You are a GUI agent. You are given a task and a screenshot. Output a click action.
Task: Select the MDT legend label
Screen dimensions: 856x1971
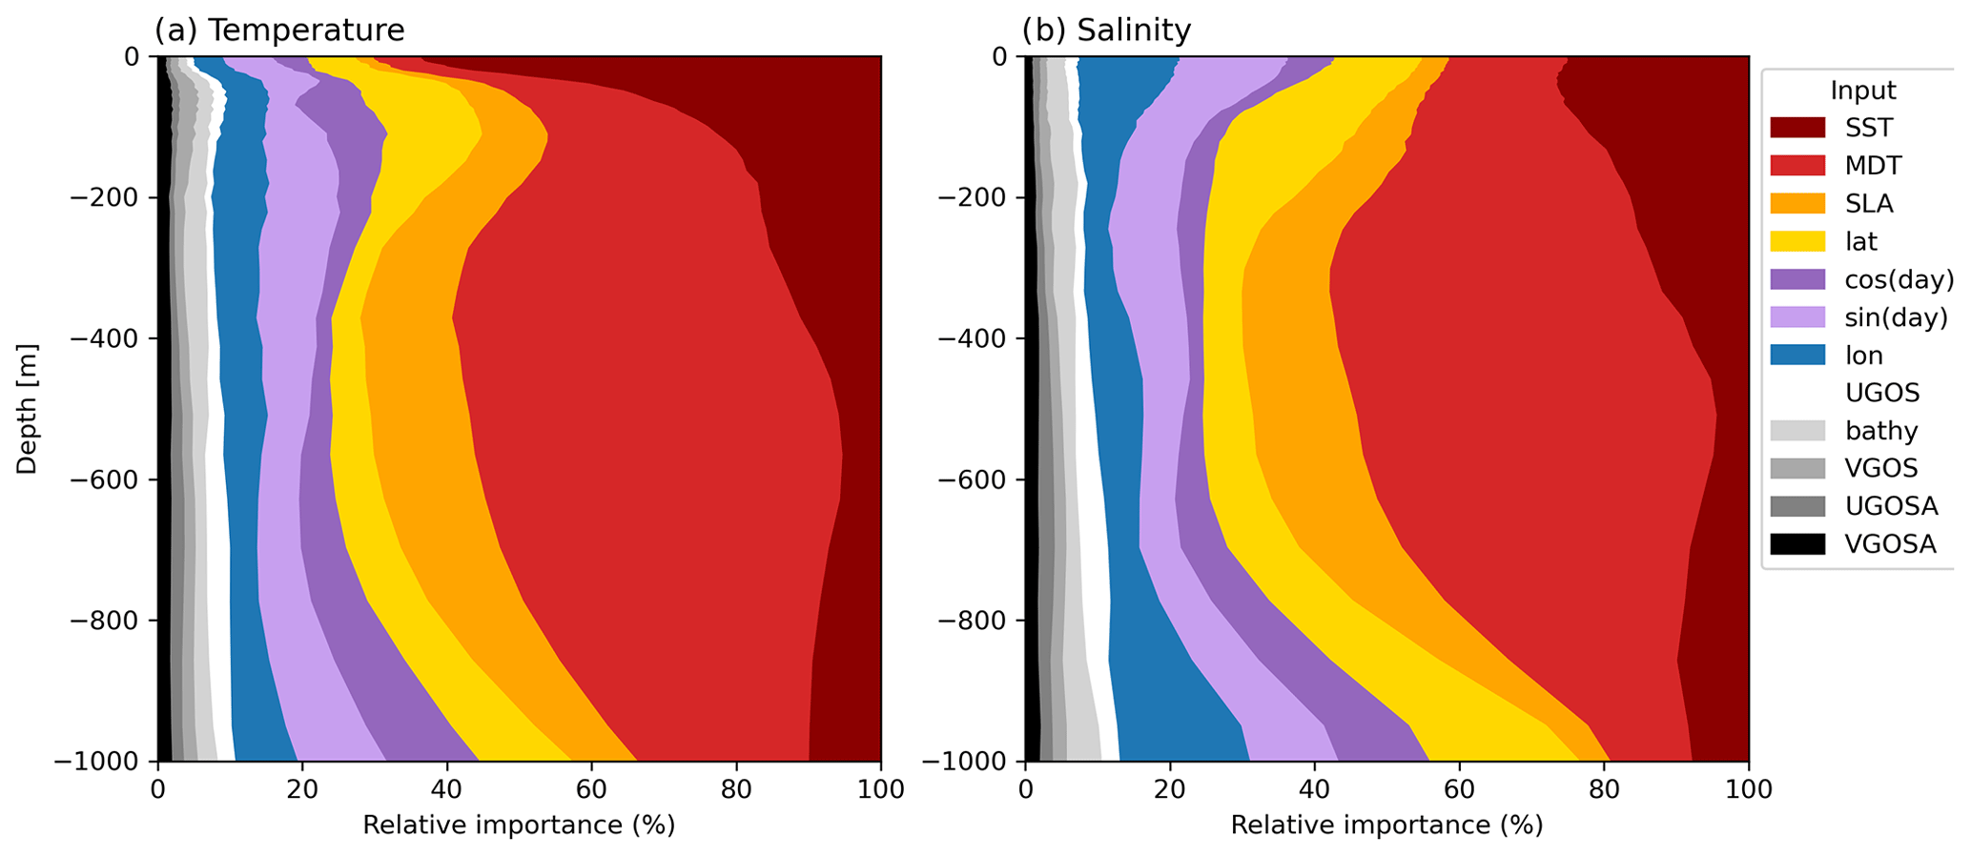point(1873,166)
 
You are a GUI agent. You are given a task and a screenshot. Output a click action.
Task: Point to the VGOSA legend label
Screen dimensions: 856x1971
point(1890,544)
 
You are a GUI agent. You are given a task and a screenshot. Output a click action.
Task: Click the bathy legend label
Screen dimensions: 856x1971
point(1881,431)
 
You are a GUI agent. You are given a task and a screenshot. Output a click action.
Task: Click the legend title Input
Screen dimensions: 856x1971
point(1862,91)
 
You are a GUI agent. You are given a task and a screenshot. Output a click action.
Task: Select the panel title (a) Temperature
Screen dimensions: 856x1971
point(279,31)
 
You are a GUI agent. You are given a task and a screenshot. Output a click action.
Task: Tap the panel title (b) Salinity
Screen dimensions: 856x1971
point(1106,31)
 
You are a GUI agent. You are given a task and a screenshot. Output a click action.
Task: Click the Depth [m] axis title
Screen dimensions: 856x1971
point(27,409)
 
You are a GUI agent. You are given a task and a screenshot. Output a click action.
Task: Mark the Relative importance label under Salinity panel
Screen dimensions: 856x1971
point(1386,825)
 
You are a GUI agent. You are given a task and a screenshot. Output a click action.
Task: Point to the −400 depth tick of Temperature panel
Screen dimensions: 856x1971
point(104,338)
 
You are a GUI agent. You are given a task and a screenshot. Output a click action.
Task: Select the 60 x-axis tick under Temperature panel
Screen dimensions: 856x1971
point(591,789)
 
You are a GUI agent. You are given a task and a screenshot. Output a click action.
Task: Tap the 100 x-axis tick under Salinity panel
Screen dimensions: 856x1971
point(1748,789)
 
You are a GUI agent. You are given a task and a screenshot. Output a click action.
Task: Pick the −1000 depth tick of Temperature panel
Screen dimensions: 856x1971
point(98,761)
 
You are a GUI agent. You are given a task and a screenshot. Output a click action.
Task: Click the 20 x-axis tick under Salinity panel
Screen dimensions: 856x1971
point(1170,789)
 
